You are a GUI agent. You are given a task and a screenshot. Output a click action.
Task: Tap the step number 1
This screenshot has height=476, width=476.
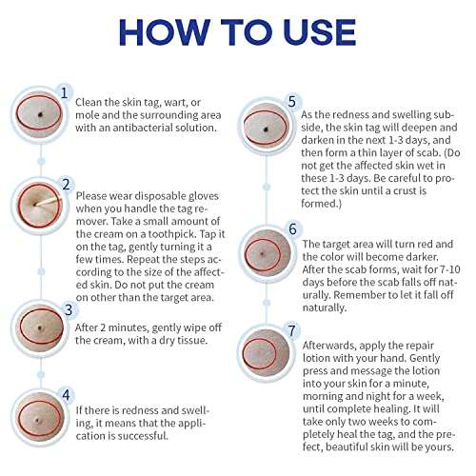point(65,92)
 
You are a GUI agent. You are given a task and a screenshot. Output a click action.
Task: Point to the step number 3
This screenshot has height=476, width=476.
point(68,309)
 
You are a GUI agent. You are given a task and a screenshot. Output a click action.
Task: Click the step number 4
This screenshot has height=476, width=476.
point(67,393)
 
